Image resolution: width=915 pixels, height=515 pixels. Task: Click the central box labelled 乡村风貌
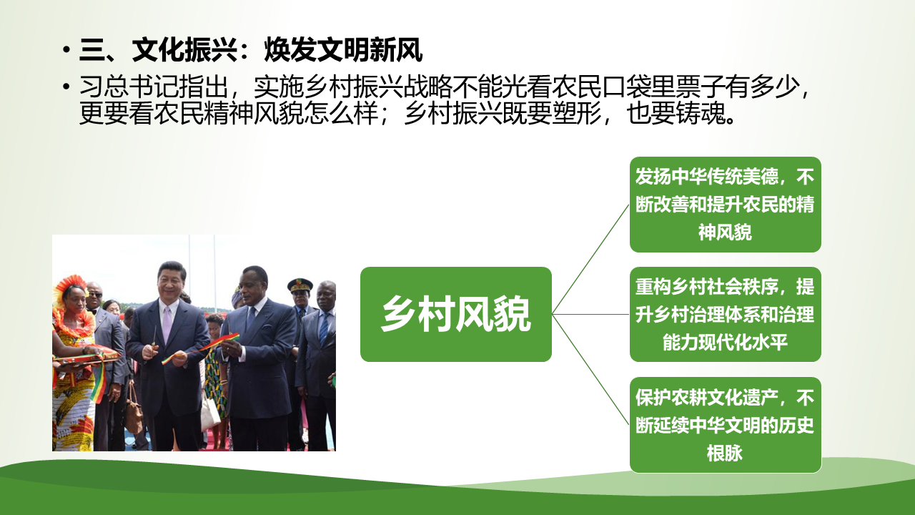click(456, 314)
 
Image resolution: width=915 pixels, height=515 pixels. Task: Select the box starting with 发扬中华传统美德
click(726, 205)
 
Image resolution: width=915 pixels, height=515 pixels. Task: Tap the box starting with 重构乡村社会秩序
click(726, 314)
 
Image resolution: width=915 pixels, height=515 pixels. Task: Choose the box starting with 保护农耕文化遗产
click(726, 425)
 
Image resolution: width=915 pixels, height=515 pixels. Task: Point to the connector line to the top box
click(590, 259)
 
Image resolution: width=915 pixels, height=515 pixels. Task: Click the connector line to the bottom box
click(590, 370)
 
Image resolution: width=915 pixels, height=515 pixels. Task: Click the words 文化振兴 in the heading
click(184, 50)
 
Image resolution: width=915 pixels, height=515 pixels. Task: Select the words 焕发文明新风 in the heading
click(343, 50)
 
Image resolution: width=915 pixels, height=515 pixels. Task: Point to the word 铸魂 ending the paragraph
click(701, 113)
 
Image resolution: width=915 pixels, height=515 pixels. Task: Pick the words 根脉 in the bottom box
click(725, 453)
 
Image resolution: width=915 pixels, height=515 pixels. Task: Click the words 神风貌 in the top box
click(725, 232)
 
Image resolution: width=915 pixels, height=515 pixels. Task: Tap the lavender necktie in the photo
click(167, 324)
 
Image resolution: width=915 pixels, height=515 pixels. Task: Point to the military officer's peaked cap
click(300, 285)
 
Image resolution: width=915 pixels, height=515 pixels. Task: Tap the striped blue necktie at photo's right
click(325, 329)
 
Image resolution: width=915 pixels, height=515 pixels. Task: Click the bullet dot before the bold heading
click(66, 50)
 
